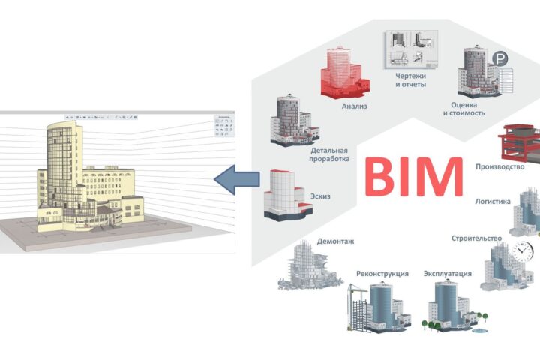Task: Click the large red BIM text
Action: tap(413, 177)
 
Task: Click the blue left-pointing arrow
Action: tap(236, 179)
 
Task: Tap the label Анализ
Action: tap(354, 106)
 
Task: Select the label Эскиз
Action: tap(320, 196)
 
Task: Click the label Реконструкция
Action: tap(382, 274)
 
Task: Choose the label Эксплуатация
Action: tap(447, 274)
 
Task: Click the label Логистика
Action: tap(493, 202)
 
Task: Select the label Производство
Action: tap(500, 167)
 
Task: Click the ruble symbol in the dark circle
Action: tap(499, 59)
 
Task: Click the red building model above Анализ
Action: tap(344, 72)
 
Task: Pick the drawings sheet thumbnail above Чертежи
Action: tap(411, 49)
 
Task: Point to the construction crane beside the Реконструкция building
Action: tap(355, 307)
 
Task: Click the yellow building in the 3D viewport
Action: tap(90, 178)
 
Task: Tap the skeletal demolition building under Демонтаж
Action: tap(308, 265)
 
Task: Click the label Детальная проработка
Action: tap(329, 154)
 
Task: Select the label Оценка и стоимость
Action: tap(464, 109)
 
